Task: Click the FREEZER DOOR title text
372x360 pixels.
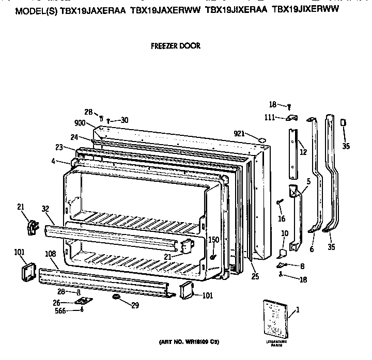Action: [x=175, y=45]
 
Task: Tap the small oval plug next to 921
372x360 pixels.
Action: [x=261, y=139]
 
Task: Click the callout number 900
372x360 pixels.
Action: [x=80, y=123]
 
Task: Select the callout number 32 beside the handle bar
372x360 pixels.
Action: [x=45, y=209]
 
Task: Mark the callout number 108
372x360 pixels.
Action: [x=51, y=254]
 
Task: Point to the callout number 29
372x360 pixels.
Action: [x=135, y=305]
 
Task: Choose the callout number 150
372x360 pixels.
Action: [x=213, y=239]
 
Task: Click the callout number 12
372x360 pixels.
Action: [x=303, y=152]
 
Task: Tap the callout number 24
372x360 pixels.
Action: [x=74, y=137]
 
